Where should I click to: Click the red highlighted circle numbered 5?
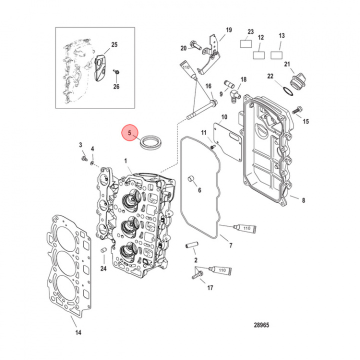[129, 133]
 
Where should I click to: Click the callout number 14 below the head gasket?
[77, 333]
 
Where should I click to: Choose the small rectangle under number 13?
[278, 54]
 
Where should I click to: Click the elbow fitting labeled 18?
[234, 92]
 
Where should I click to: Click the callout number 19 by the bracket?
[228, 30]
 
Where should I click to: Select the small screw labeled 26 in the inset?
[116, 73]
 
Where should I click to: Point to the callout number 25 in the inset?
[114, 45]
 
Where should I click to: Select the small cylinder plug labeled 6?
[190, 178]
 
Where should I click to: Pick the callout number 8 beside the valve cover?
[303, 200]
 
